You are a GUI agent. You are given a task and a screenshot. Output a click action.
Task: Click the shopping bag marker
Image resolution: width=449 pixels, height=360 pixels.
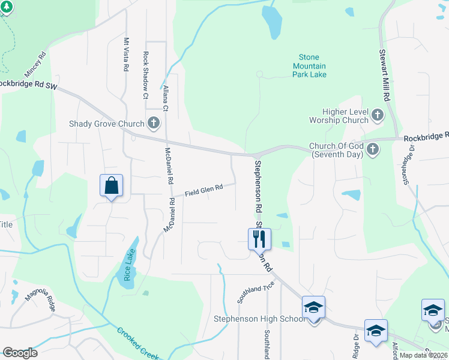112,185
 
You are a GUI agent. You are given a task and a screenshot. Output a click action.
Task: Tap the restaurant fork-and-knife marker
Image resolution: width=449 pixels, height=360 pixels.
259,239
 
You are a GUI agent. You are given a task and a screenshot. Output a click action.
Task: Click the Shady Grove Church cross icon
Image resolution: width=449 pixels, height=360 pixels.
154,124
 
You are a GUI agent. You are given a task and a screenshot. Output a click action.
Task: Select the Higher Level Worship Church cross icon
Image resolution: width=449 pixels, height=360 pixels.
378,115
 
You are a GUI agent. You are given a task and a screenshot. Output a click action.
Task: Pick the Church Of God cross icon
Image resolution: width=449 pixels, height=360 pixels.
372,148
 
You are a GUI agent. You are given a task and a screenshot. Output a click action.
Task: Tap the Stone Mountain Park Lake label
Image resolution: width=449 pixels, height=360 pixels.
309,66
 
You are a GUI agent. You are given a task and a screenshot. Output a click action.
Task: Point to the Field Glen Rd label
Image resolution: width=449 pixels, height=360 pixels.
204,190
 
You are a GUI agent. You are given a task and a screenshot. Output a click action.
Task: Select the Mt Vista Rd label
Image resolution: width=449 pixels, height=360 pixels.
126,55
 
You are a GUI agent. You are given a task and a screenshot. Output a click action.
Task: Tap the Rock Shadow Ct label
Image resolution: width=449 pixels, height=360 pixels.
146,74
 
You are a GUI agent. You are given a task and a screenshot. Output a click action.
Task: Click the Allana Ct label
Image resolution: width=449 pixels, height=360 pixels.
166,98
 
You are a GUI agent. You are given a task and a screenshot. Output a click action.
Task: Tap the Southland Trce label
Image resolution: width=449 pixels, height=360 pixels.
255,292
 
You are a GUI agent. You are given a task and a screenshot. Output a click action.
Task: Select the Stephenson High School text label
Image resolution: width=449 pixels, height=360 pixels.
259,319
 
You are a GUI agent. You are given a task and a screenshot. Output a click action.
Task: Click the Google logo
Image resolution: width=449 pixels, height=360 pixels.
20,353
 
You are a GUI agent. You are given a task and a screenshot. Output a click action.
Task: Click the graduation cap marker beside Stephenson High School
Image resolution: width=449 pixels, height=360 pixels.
313,308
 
